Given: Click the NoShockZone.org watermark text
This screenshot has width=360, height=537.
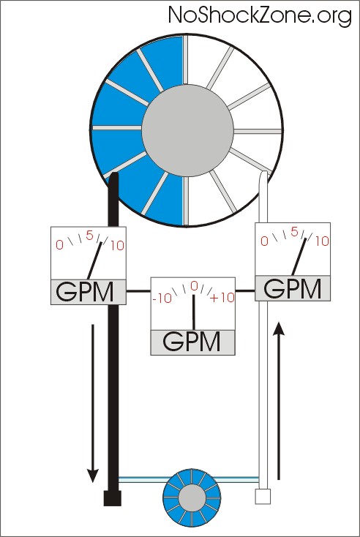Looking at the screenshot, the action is (x=260, y=16).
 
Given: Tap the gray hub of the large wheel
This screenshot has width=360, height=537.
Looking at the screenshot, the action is (x=188, y=130).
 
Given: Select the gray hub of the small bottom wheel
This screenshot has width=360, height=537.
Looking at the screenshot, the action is (x=192, y=497).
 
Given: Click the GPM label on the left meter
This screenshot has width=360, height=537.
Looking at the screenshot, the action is (x=84, y=292).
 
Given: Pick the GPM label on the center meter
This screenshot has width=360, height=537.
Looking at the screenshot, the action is (x=192, y=342).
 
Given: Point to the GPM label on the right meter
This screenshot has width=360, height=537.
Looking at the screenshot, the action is (x=292, y=289).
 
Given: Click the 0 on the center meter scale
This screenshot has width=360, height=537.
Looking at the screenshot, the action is (x=194, y=286).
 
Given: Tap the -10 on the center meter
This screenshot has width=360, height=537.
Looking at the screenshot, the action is (x=162, y=298).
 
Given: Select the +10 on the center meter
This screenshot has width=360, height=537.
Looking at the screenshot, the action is (x=222, y=298).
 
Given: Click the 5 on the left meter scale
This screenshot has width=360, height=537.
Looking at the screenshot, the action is (x=89, y=236).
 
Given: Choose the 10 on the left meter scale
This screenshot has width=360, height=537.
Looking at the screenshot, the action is (x=117, y=246).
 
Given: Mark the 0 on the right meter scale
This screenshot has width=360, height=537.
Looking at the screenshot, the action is (x=264, y=241).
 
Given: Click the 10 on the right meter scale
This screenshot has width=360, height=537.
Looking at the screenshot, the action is (x=322, y=241).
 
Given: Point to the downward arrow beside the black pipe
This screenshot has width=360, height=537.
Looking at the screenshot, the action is (x=92, y=403).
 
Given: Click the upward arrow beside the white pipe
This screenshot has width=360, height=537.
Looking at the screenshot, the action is (x=280, y=401).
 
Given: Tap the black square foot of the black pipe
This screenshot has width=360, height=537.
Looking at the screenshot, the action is (x=113, y=498).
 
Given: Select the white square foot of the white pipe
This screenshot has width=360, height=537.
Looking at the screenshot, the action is (x=263, y=497).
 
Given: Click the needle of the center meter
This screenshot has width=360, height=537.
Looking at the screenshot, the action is (x=193, y=312).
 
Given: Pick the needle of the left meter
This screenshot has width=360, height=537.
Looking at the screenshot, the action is (x=94, y=260).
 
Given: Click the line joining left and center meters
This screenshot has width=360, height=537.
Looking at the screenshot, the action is (x=138, y=291).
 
